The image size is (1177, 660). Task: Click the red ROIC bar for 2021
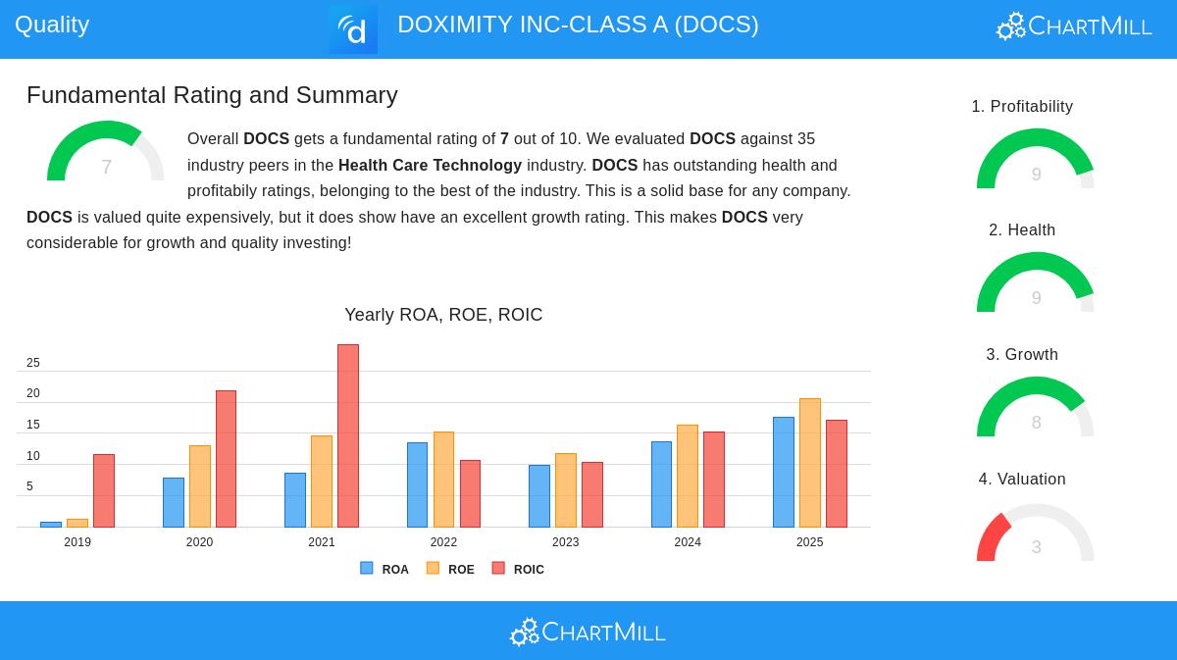tap(348, 435)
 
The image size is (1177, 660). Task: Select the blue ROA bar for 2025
tap(783, 472)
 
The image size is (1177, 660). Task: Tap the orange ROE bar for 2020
tap(200, 485)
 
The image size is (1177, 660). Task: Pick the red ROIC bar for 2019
tap(104, 490)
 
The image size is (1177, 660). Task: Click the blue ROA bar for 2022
tap(417, 484)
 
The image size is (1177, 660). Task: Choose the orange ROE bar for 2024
tap(688, 476)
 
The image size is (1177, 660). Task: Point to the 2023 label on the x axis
tap(566, 542)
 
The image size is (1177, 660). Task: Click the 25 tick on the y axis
tap(33, 363)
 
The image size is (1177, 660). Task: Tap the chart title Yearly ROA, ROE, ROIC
tap(443, 315)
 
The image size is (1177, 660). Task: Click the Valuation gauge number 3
tap(1036, 547)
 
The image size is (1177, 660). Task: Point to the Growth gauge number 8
tap(1036, 423)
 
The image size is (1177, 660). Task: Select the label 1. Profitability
tap(1022, 106)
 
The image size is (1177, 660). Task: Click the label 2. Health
tap(1022, 229)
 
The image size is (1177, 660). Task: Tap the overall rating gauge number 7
tap(106, 167)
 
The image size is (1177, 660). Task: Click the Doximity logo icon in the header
tap(353, 29)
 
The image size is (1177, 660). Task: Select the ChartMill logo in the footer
tap(588, 632)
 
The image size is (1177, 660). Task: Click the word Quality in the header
tap(52, 25)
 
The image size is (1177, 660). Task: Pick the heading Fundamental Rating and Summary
tap(212, 95)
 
